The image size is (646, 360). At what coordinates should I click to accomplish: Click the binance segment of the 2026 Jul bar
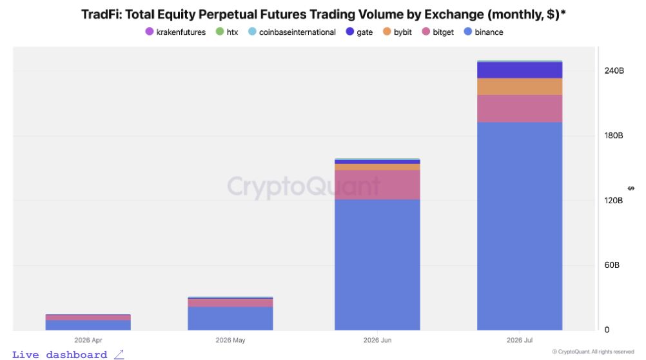[520, 226]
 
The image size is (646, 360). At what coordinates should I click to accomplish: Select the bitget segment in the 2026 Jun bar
[377, 185]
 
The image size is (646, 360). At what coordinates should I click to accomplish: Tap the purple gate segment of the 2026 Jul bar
[520, 70]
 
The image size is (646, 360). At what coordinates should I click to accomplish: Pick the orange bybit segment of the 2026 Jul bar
[520, 86]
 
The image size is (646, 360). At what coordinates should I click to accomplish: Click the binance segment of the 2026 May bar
[230, 318]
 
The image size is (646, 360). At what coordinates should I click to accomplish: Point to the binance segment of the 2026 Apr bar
[88, 325]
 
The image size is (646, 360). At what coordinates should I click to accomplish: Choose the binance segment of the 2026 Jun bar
[377, 265]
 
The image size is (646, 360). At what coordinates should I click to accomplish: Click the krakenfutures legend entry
[175, 32]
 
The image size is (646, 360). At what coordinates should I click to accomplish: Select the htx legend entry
[227, 32]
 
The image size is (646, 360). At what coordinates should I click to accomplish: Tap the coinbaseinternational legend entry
[292, 32]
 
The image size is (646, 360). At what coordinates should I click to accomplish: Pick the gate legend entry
[359, 32]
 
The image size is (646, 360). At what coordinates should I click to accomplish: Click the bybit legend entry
[397, 32]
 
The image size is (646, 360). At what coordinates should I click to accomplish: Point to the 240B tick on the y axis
[614, 71]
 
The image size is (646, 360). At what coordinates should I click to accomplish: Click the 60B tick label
[612, 265]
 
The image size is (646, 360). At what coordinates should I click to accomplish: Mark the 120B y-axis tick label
[614, 201]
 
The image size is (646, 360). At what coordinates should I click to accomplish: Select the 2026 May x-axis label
[230, 340]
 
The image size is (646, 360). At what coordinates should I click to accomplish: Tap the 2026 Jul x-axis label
[520, 340]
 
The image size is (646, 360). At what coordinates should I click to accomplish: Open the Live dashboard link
[68, 355]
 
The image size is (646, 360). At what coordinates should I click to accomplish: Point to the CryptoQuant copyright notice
[593, 352]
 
